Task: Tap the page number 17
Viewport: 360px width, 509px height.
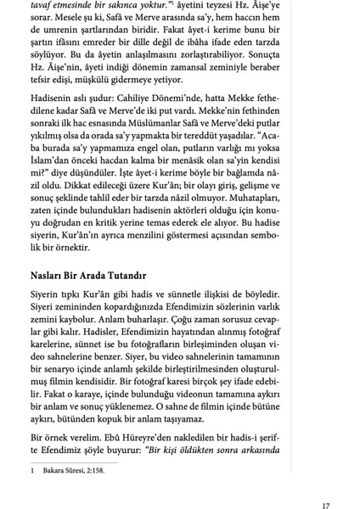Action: coord(325,506)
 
